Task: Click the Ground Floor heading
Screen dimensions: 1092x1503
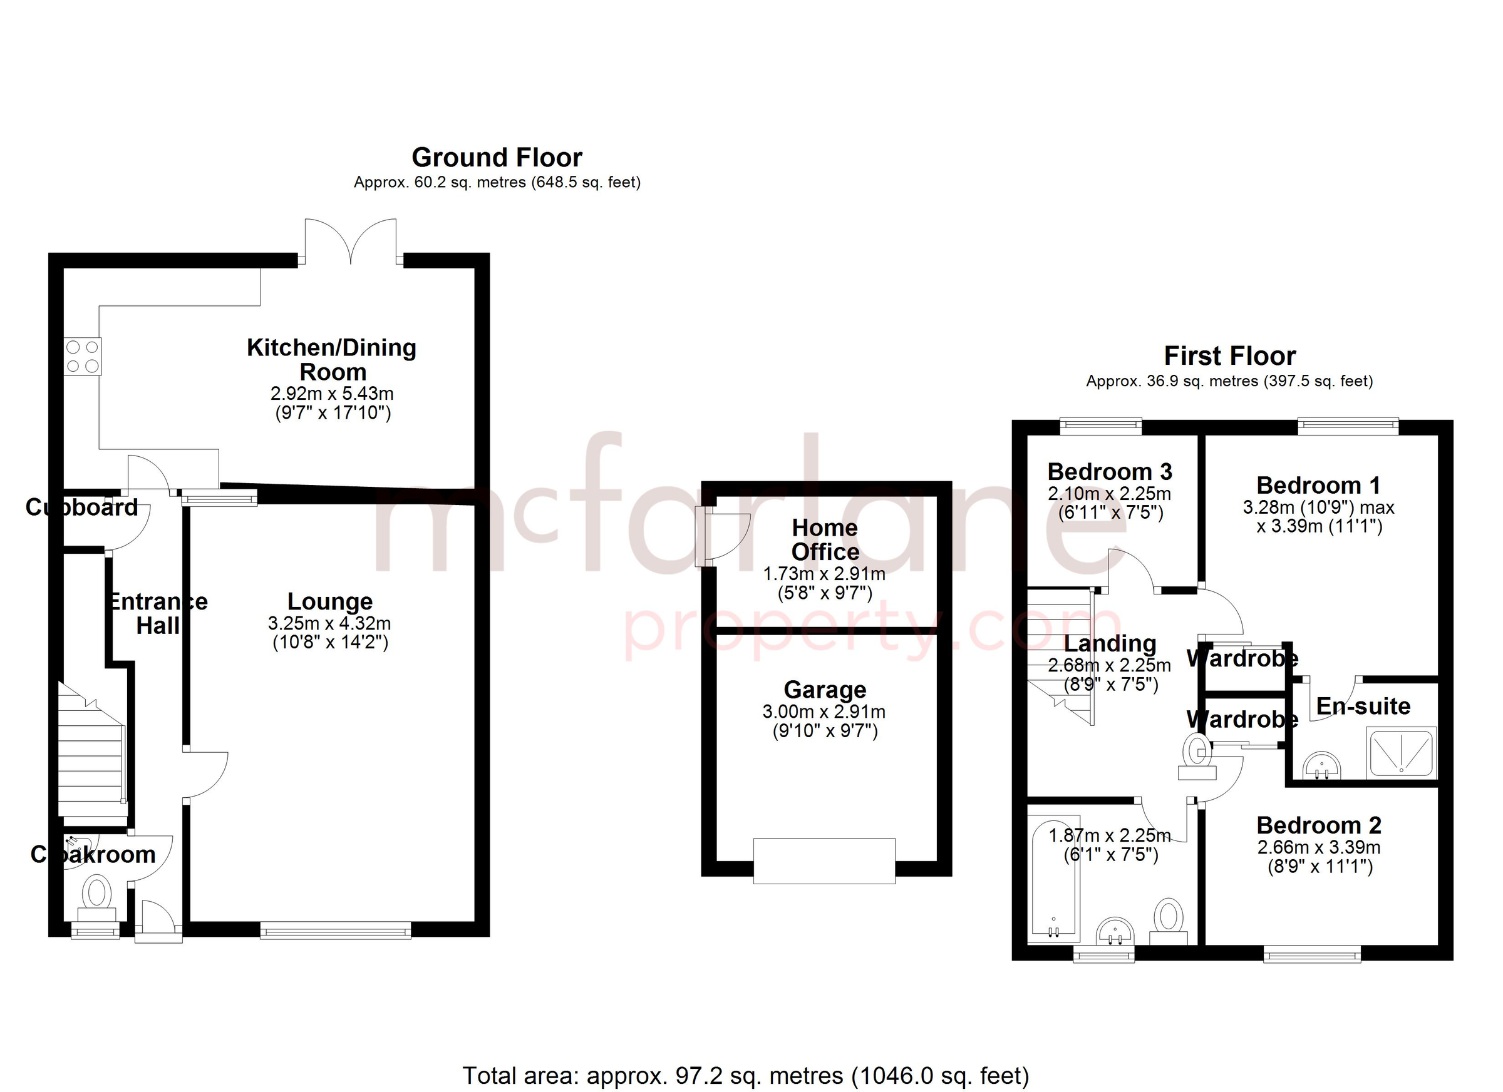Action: click(497, 158)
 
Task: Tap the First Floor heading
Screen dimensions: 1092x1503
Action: click(1229, 356)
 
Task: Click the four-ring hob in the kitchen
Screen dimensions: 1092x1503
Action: click(83, 356)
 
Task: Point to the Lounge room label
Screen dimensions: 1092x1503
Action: click(329, 601)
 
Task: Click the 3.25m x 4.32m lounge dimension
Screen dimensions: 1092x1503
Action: click(329, 623)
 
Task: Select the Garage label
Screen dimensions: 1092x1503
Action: click(824, 690)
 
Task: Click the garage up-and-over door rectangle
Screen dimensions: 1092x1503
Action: click(824, 860)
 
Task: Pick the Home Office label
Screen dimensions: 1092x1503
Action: click(824, 539)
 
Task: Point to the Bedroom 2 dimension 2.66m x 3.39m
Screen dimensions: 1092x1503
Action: click(1319, 847)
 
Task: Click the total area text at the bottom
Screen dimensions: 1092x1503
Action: click(745, 1076)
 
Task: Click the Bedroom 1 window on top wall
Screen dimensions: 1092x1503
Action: click(1347, 426)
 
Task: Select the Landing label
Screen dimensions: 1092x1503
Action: click(1110, 643)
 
